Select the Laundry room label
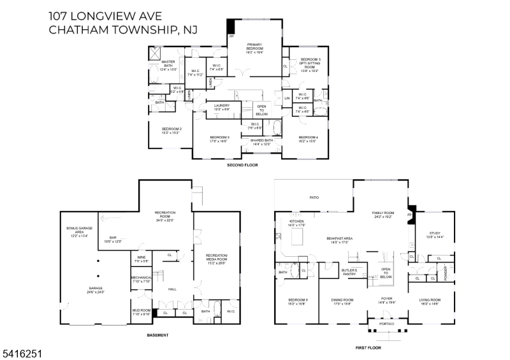222,108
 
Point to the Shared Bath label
261,142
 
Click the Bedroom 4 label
308,139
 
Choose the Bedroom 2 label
171,131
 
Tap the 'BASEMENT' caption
157,335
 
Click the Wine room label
142,259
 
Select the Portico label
387,324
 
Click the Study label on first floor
435,234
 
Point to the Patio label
314,198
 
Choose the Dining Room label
342,301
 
